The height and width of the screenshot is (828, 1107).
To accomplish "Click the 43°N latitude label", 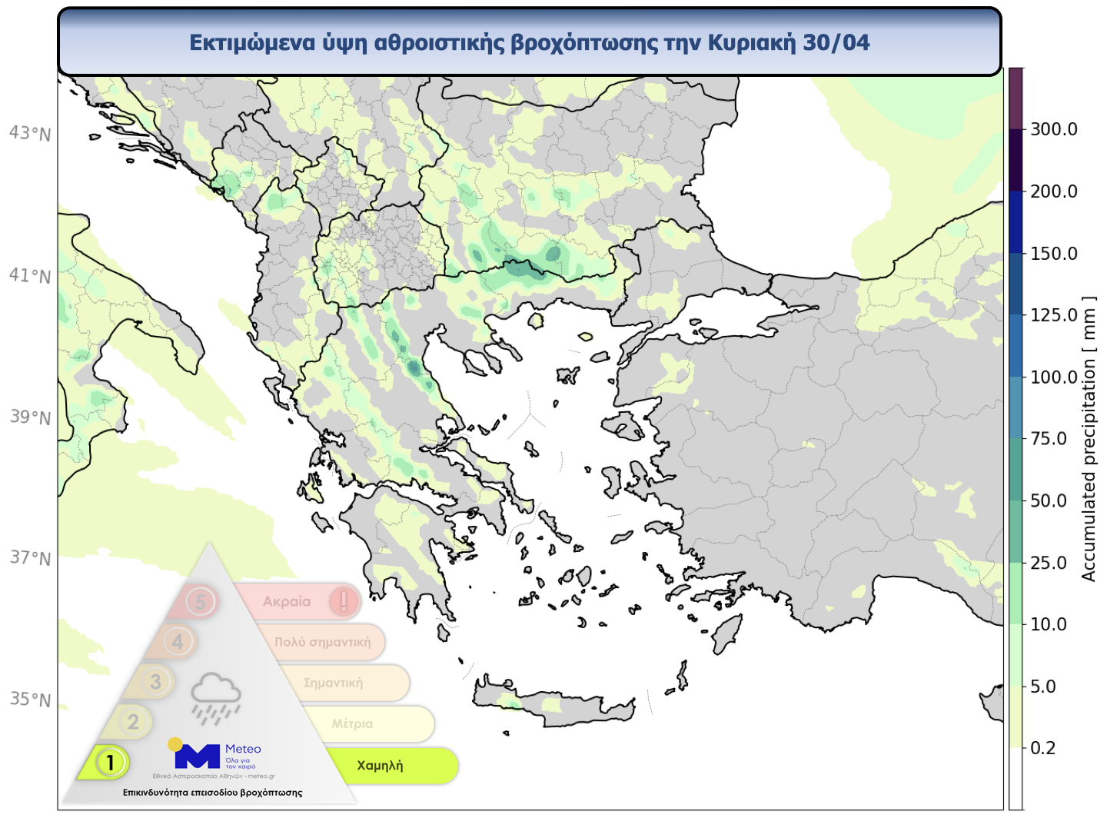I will [x=30, y=134].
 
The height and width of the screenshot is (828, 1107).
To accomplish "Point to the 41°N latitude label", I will [x=30, y=276].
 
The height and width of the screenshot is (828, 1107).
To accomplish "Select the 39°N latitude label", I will [x=30, y=417].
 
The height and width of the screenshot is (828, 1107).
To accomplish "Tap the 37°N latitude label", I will [x=30, y=558].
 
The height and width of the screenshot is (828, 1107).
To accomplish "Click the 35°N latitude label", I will [x=30, y=700].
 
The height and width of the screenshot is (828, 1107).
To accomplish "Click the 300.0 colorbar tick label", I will [x=1053, y=129].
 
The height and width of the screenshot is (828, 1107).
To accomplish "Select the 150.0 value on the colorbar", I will [x=1053, y=254].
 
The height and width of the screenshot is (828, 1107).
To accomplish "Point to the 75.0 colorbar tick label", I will [x=1049, y=439].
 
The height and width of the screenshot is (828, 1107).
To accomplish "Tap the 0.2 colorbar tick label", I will [x=1043, y=748].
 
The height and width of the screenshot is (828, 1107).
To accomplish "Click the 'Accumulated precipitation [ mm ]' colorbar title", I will [x=1089, y=438].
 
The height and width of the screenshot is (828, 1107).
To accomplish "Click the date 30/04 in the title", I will [x=836, y=42].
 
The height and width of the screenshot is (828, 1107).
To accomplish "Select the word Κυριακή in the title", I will [x=751, y=42].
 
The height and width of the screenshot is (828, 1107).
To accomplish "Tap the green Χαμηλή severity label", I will [x=380, y=766].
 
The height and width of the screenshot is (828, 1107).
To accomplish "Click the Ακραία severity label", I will [x=287, y=601].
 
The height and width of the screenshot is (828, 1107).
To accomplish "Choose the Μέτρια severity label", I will [x=352, y=723].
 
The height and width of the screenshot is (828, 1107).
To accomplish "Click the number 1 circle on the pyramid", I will [x=111, y=763].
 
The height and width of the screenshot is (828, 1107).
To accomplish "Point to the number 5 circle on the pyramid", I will [x=201, y=601].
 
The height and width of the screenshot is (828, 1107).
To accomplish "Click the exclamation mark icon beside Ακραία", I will [x=344, y=600].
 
